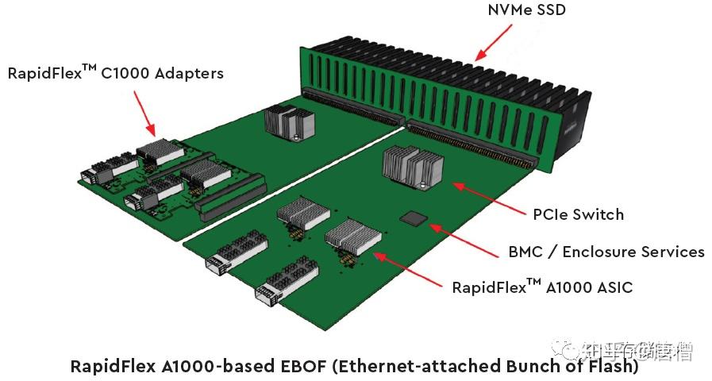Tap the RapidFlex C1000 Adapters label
click(x=116, y=73)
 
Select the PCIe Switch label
click(x=578, y=214)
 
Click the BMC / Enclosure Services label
click(x=606, y=252)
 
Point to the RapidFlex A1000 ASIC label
click(x=542, y=287)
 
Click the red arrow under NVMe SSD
click(x=491, y=41)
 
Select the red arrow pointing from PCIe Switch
click(x=485, y=196)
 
